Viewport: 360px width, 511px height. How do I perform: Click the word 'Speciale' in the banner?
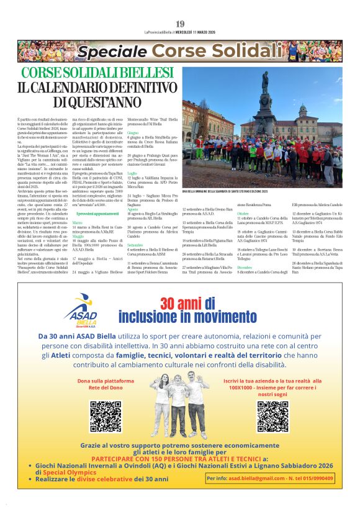(112, 52)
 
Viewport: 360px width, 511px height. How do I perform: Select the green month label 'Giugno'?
(133, 132)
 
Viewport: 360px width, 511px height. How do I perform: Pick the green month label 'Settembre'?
(135, 246)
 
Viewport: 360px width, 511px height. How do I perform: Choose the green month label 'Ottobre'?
(243, 213)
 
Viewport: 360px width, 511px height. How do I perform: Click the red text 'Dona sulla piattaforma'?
(106, 381)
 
